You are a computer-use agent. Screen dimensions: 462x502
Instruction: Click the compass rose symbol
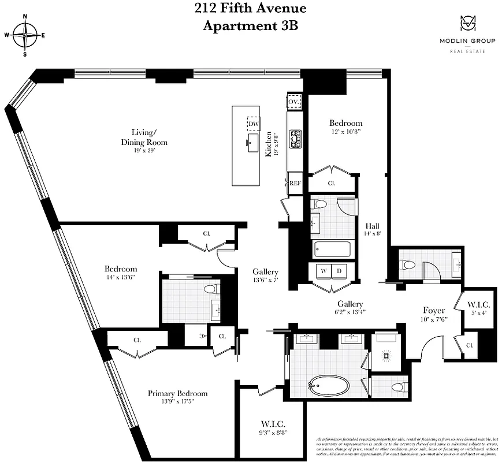coord(25,35)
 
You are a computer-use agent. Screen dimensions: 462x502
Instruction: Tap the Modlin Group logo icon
coord(468,24)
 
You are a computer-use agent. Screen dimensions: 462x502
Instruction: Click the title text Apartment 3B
coord(250,25)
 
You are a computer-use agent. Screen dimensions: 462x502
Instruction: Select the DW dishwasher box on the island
coord(253,124)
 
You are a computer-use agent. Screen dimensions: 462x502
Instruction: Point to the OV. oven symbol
coord(295,102)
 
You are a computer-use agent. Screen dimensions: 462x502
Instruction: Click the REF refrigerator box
coord(295,183)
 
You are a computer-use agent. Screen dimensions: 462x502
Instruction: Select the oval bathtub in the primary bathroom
coord(327,385)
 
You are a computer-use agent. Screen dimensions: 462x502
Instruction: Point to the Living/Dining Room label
coord(144,138)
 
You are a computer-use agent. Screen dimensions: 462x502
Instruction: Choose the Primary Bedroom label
coord(177,393)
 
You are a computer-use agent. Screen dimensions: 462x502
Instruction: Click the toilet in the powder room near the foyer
coord(408,265)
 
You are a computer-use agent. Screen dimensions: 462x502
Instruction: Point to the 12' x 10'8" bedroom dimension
coord(346,132)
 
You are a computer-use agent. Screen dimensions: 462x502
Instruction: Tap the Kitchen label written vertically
coord(269,144)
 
